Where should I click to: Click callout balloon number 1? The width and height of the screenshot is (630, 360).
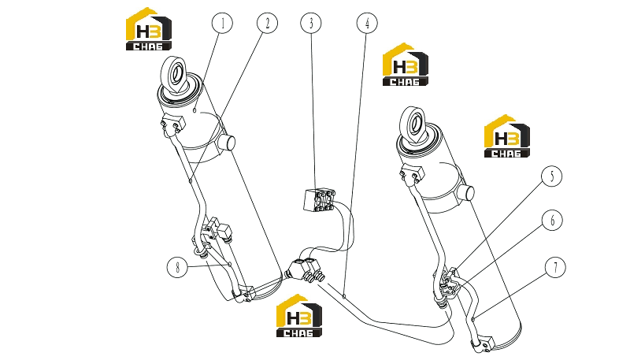pyautogui.click(x=222, y=23)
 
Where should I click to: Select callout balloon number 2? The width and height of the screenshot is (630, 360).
pyautogui.click(x=267, y=23)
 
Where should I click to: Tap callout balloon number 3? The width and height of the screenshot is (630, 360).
pyautogui.click(x=311, y=23)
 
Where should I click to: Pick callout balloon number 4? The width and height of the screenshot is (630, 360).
pyautogui.click(x=367, y=23)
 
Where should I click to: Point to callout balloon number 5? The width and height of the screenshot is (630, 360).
pyautogui.click(x=552, y=176)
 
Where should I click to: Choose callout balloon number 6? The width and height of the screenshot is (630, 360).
pyautogui.click(x=552, y=221)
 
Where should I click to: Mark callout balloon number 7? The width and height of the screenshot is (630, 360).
pyautogui.click(x=555, y=267)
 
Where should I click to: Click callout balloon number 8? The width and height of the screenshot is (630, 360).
pyautogui.click(x=177, y=267)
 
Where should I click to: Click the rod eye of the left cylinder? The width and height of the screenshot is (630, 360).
pyautogui.click(x=175, y=76)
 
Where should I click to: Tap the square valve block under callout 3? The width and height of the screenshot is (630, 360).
pyautogui.click(x=319, y=200)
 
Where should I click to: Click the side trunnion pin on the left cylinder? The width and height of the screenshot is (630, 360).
pyautogui.click(x=226, y=143)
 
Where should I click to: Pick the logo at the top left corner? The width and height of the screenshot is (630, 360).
pyautogui.click(x=149, y=29)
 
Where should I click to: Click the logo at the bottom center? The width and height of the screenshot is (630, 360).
pyautogui.click(x=299, y=316)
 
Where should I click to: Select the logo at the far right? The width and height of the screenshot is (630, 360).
pyautogui.click(x=507, y=136)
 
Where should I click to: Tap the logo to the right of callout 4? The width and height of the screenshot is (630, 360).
pyautogui.click(x=406, y=65)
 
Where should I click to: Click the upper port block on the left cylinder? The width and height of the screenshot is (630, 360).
pyautogui.click(x=173, y=124)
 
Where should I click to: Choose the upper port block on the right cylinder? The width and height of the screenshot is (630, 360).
pyautogui.click(x=412, y=174)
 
